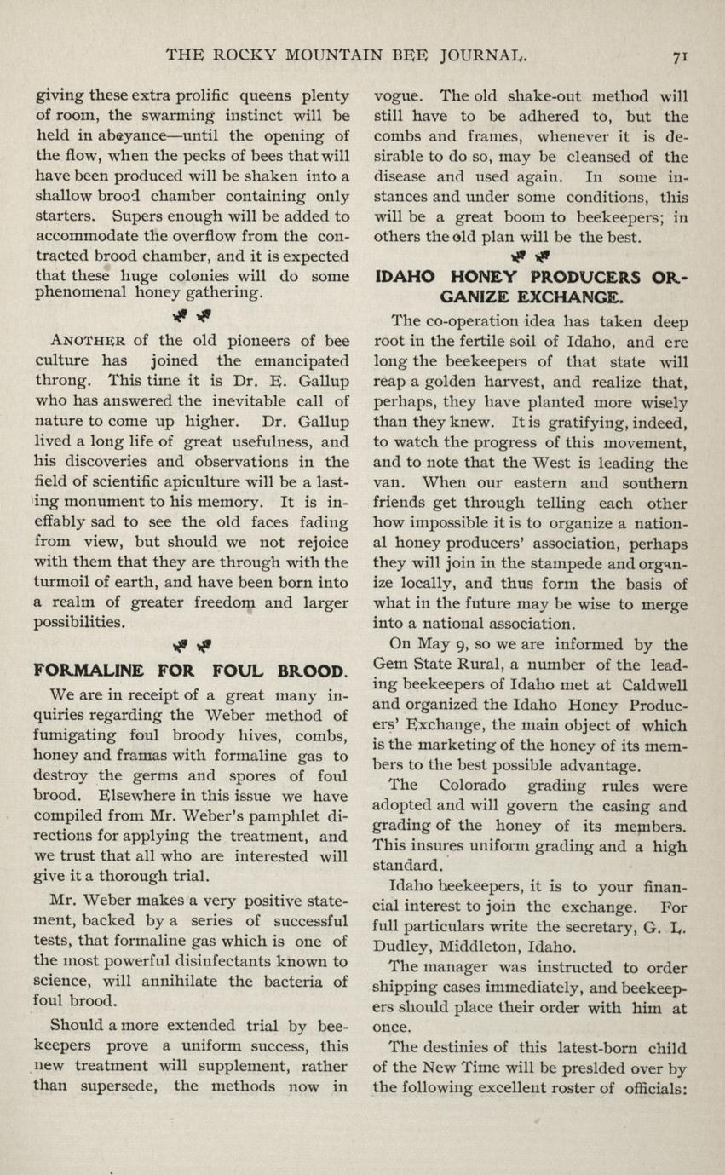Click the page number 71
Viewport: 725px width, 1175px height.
(680, 56)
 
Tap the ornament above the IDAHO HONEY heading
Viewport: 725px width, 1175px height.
(532, 255)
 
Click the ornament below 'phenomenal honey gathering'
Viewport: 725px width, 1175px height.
(192, 318)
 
